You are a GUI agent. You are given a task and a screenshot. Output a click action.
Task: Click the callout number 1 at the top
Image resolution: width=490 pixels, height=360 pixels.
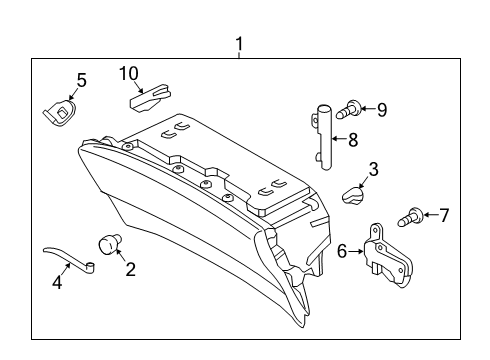238,44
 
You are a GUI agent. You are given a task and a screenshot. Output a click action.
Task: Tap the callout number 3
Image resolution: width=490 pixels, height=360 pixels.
372,169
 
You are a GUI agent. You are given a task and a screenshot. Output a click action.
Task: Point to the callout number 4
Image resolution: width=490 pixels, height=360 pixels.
57,283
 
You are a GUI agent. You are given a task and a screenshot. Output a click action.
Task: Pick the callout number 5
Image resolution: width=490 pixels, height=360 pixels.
81,79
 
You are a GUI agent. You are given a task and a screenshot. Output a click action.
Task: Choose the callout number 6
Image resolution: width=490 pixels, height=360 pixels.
342,252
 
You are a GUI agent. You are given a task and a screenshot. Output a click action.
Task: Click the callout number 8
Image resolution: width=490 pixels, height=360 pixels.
351,140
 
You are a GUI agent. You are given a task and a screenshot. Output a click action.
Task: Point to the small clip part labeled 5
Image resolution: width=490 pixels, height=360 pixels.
62,111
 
